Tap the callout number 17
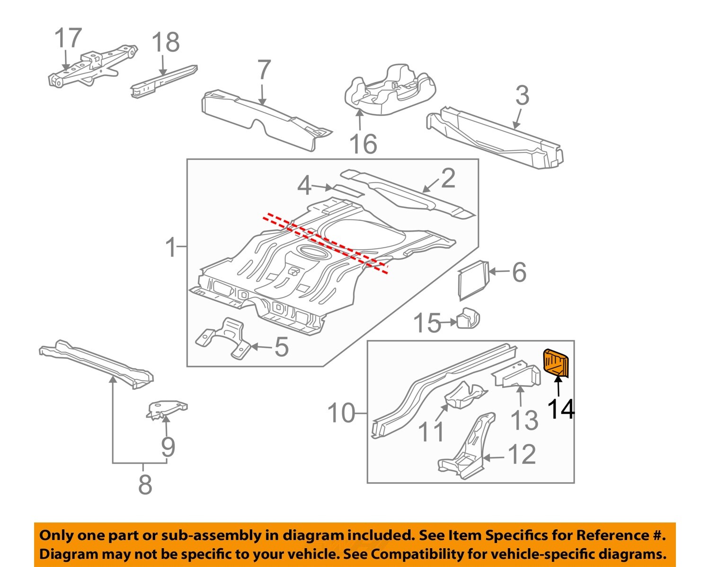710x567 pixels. click(68, 38)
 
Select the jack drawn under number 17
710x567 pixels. click(92, 66)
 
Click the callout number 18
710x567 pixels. click(166, 42)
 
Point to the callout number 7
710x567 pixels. click(264, 71)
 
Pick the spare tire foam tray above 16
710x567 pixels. click(387, 90)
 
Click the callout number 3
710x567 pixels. click(522, 96)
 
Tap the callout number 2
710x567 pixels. click(448, 179)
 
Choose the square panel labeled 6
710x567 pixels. click(473, 279)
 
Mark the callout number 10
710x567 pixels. click(341, 413)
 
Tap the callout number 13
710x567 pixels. click(524, 420)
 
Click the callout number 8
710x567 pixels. click(145, 484)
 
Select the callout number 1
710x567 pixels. click(171, 247)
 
